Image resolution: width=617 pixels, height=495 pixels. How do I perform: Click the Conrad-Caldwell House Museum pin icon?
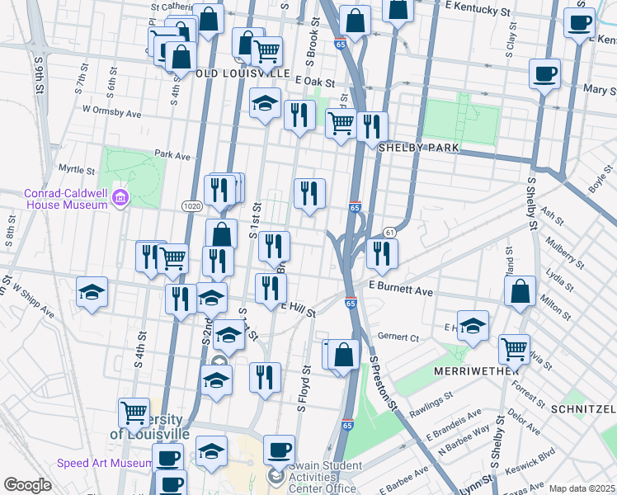click(x=121, y=198)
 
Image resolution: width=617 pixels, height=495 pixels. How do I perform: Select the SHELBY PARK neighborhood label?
click(x=418, y=147)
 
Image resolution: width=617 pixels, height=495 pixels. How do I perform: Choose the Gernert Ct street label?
click(x=398, y=337)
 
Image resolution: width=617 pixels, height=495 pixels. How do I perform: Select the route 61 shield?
click(x=390, y=233)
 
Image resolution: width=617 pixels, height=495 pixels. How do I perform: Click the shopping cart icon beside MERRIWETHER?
click(x=514, y=349)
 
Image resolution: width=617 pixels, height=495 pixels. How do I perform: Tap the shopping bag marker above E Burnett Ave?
click(x=520, y=291)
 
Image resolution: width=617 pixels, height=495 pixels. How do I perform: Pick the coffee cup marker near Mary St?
click(x=544, y=73)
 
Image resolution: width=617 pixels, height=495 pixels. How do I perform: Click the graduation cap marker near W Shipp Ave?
click(x=92, y=291)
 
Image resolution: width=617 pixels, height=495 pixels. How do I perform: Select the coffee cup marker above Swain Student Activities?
click(x=279, y=450)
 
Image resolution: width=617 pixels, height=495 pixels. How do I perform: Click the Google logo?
click(x=27, y=485)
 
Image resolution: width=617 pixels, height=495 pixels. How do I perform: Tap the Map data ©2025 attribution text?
click(x=581, y=488)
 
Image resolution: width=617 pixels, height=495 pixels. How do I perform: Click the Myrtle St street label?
click(x=77, y=170)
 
